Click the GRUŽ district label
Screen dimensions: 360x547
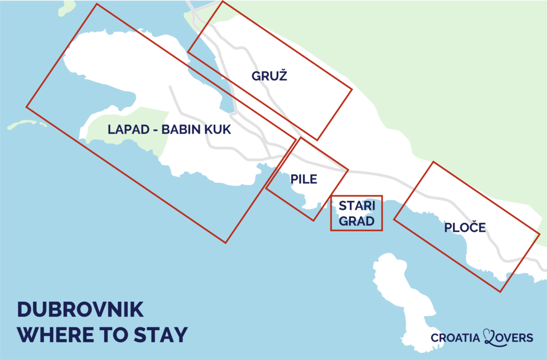(269, 76)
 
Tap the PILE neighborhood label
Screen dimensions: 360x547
(304, 179)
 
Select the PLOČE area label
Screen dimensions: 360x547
(465, 228)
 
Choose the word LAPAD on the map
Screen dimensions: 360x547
(127, 130)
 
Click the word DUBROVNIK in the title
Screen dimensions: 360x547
(81, 311)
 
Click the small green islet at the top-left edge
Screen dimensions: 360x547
(67, 6)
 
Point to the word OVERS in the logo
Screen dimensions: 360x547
(515, 338)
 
